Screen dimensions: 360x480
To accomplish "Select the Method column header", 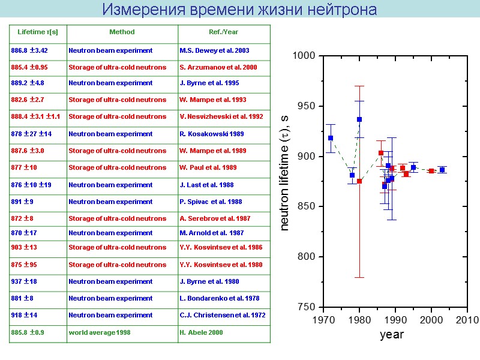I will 122,32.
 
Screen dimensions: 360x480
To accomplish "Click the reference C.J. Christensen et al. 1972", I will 222,315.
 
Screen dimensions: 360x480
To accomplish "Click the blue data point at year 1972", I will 331,138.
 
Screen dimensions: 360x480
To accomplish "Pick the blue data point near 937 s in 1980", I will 359,119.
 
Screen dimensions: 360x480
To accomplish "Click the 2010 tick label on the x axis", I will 467,319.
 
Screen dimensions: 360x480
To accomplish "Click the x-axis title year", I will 392,335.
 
